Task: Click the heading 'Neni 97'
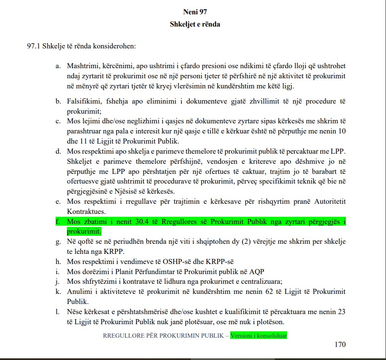[x=195, y=12]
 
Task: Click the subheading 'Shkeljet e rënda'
[x=195, y=24]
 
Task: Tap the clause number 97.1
[x=33, y=45]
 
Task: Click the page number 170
[x=340, y=344]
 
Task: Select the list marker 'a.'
[x=58, y=66]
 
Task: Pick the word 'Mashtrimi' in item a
[x=82, y=66]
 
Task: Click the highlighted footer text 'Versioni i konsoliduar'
[x=258, y=336]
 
